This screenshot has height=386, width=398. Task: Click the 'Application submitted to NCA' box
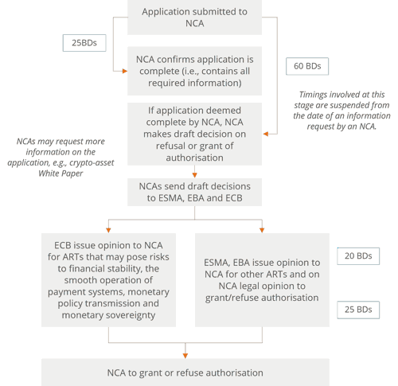coord(194,18)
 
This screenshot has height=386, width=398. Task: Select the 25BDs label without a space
coord(84,43)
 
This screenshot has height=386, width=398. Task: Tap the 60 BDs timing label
coord(307,66)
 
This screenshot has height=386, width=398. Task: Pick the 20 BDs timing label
coord(358,256)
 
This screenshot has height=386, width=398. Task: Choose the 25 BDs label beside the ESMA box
coord(358,310)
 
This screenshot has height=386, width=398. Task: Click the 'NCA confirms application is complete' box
coord(194,71)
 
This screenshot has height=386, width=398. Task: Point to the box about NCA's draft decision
coord(194,134)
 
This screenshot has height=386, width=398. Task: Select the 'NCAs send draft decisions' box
coord(194,192)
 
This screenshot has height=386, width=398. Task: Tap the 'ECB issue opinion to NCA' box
coord(108,280)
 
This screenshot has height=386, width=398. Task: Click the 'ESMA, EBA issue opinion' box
coord(262,280)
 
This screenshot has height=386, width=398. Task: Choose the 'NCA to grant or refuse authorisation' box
coord(185,372)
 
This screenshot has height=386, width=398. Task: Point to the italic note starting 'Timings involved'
coord(341,111)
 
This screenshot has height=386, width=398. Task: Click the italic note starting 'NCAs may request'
coord(60,157)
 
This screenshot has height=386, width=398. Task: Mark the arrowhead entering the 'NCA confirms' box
coord(125,71)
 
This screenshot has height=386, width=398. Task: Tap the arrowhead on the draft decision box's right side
coord(266,134)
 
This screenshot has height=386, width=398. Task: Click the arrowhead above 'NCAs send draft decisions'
coord(194,175)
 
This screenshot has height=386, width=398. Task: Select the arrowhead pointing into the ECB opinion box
coord(108,230)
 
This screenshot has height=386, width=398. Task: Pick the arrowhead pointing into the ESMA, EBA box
coord(262,230)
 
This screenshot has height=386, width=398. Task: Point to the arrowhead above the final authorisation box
coord(185,356)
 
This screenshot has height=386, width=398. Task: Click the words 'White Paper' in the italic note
coord(60,174)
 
